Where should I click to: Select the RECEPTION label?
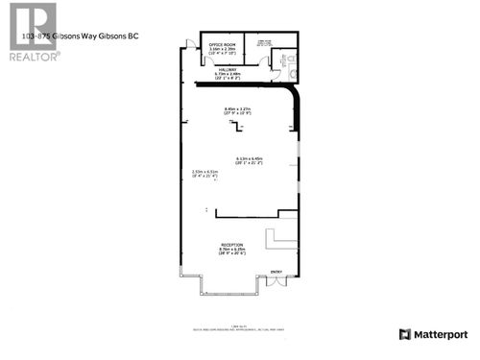point(231,246)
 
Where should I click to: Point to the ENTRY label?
point(276,272)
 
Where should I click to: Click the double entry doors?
point(276,282)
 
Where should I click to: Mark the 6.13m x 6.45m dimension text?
point(249,160)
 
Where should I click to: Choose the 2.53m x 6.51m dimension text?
point(204,174)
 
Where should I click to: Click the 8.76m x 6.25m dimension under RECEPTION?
point(231,252)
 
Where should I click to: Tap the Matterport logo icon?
point(405,334)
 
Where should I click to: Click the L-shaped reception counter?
point(282,237)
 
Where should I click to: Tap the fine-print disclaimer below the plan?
point(241,329)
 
